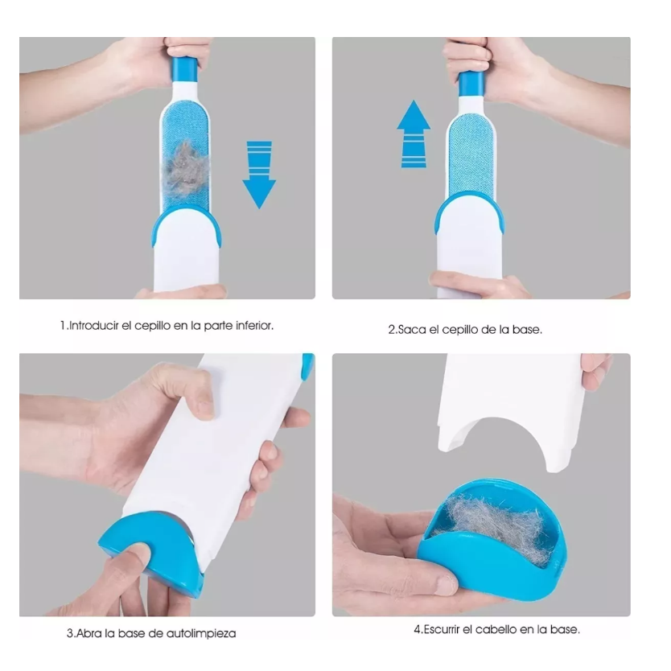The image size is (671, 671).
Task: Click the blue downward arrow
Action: tap(259, 175)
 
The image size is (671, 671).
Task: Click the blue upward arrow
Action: tap(414, 134)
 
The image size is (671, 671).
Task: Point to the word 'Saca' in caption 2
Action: tap(411, 330)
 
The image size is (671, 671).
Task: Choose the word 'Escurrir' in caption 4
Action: tap(442, 629)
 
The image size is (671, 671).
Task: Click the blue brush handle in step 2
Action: tap(471, 84)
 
